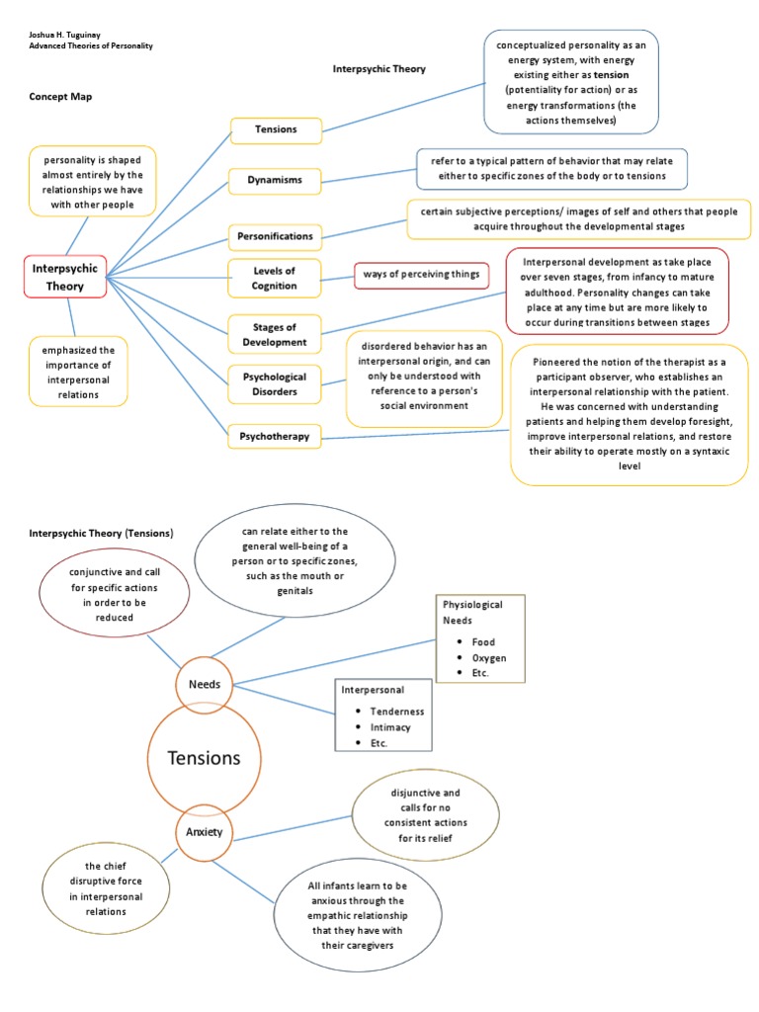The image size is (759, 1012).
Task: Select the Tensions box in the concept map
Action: point(276,129)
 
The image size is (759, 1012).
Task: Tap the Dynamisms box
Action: point(276,180)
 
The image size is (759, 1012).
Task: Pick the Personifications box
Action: point(276,236)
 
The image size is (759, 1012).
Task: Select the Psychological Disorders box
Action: point(276,383)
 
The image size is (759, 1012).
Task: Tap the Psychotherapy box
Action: point(276,435)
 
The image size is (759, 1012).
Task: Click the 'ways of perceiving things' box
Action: point(420,274)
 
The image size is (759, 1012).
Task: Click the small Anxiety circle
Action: point(205,832)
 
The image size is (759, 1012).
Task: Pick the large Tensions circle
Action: point(205,758)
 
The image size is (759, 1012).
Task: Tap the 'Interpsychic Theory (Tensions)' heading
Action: point(100,533)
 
